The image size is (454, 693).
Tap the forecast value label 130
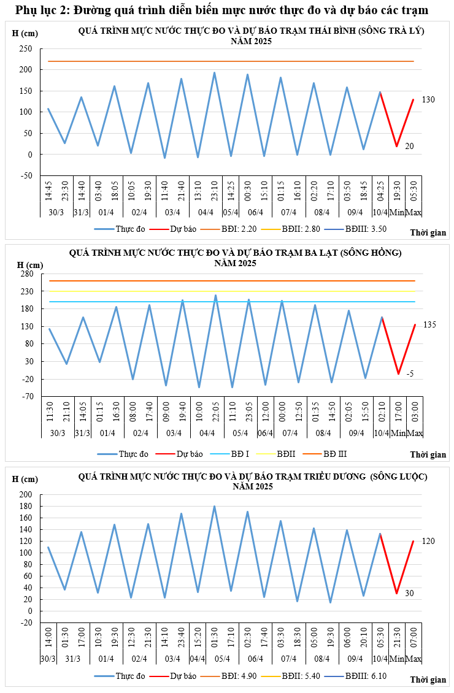click(428, 99)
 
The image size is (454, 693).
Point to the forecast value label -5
click(410, 373)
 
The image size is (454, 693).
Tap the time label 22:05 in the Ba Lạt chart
click(215, 412)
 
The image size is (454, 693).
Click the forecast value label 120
click(428, 542)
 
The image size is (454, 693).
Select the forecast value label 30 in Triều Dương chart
click(409, 593)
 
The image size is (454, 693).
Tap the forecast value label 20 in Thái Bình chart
click(409, 146)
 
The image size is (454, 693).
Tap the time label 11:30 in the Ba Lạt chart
click(49, 412)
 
